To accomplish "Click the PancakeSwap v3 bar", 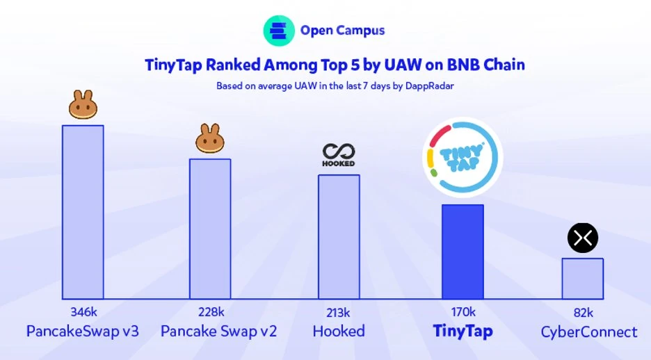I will point(83,212).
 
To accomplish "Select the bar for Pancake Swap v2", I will point(210,229).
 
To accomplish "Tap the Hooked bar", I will point(339,236).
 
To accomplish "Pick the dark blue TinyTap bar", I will point(463,252).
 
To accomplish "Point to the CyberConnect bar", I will point(582,279).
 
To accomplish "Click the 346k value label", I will point(83,311).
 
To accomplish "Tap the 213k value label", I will point(339,311).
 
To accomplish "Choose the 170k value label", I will point(463,311).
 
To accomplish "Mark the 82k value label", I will point(582,311).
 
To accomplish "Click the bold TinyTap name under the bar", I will point(463,332).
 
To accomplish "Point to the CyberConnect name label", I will point(589,332).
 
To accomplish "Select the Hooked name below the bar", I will point(339,332).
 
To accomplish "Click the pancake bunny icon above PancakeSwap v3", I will point(83,105).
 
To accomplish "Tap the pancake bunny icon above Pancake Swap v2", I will point(210,139).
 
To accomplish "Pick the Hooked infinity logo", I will point(339,154).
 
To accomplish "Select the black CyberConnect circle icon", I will point(582,238).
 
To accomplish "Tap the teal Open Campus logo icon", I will point(278,31).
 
